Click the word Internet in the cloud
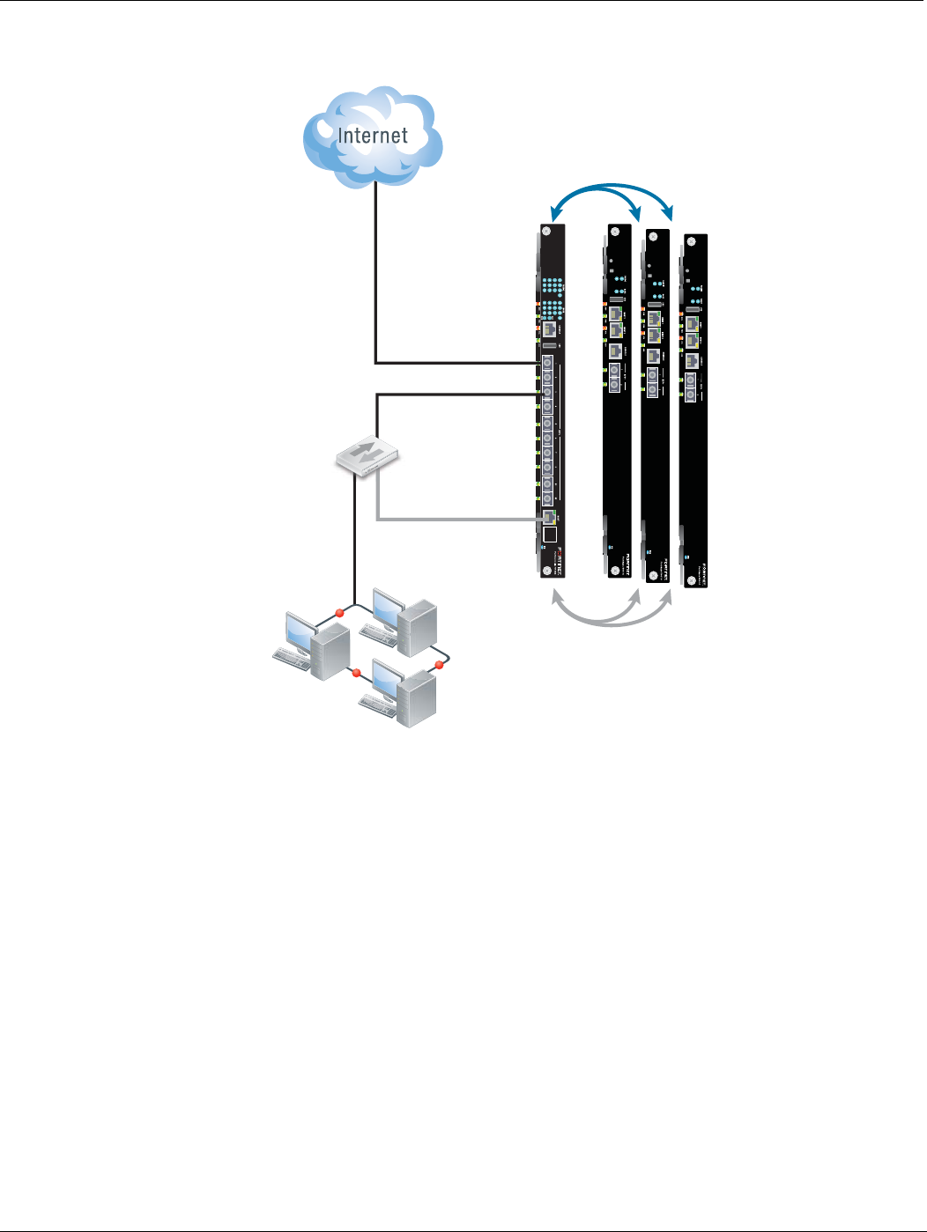(x=373, y=136)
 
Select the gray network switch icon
(x=368, y=455)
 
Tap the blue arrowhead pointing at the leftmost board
(x=554, y=214)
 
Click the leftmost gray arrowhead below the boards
(x=556, y=596)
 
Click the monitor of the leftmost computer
(x=300, y=632)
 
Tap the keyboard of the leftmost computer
(x=293, y=660)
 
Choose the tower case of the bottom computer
(x=418, y=699)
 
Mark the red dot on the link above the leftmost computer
(x=339, y=612)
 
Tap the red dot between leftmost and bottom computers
(x=356, y=673)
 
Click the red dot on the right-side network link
(x=438, y=665)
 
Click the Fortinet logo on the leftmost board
(x=557, y=556)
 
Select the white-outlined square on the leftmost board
(x=550, y=535)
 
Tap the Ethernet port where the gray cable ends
(x=548, y=517)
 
